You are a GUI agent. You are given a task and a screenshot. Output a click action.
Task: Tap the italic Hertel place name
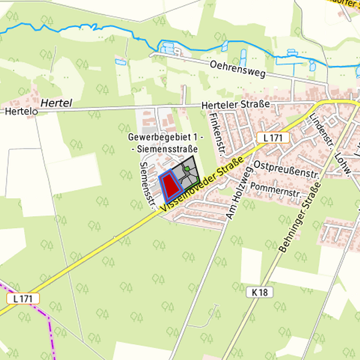coord(55,103)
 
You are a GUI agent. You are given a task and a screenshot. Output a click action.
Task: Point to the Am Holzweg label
coord(238,193)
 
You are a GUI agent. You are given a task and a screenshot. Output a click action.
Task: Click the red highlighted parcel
coord(171,185)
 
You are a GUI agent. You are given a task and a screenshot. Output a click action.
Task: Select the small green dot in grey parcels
coord(187,169)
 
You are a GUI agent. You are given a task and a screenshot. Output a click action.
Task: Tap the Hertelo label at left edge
coord(18,111)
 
